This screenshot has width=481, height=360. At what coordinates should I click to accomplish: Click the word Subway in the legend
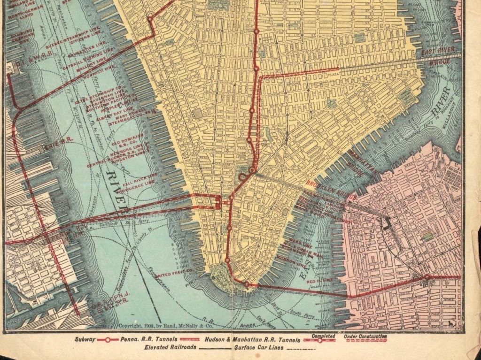85,339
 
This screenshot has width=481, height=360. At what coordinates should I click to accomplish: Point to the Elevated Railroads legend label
171,348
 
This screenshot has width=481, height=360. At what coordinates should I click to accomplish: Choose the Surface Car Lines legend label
258,348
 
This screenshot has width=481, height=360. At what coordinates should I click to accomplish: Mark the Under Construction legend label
365,336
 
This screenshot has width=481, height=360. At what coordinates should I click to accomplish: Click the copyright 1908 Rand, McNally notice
159,325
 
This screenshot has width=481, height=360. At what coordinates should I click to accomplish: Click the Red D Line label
316,280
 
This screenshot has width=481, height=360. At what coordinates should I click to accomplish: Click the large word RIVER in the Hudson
116,192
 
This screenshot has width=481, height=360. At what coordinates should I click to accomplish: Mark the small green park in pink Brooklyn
427,237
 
